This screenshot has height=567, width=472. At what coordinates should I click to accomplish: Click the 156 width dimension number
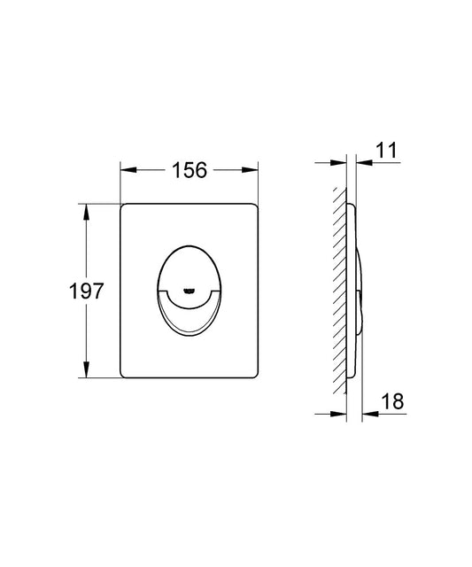[x=190, y=170]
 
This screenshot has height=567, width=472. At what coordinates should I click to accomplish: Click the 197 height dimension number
[x=86, y=291]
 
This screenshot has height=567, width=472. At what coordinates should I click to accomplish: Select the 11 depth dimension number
[x=386, y=150]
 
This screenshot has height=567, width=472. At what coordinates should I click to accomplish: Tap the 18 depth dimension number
[x=392, y=401]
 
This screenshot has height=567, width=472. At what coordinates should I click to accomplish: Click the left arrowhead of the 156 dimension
[x=128, y=170]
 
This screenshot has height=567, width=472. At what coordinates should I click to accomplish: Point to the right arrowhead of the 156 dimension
[x=250, y=170]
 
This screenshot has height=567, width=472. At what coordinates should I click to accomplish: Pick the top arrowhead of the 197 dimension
[x=86, y=213]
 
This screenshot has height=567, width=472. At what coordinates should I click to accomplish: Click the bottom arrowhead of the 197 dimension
[x=86, y=369]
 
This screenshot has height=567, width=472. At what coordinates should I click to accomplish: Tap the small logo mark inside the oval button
[x=189, y=290]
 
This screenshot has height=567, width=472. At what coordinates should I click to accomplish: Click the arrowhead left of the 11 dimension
[x=338, y=163]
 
